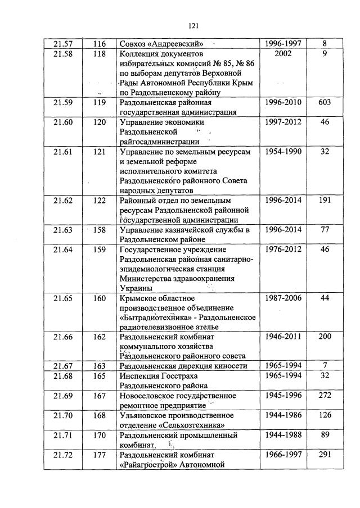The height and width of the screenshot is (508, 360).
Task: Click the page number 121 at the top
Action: coord(194,25)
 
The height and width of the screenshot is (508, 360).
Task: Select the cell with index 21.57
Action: coord(62,42)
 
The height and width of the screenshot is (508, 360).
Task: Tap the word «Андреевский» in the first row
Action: coord(176,42)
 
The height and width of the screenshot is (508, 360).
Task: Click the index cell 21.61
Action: coord(62,152)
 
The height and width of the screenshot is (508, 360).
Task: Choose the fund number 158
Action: coord(100,230)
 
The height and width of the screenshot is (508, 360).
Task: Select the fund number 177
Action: coord(100,455)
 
